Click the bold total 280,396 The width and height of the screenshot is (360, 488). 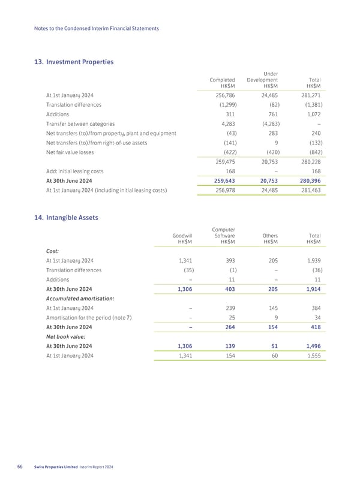308,180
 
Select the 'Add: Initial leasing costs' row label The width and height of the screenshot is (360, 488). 77,171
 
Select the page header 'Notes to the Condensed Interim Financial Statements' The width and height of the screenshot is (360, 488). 96,29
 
